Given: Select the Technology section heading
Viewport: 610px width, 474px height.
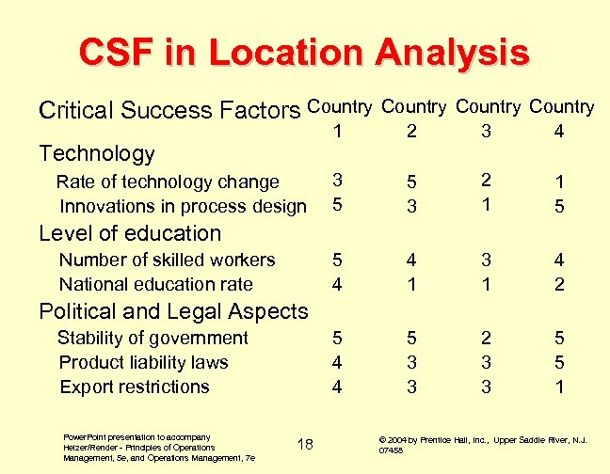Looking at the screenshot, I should [x=96, y=152].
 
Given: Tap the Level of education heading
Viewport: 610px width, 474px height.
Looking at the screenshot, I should [x=129, y=233].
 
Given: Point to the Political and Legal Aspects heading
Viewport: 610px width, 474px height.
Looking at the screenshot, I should [x=172, y=311].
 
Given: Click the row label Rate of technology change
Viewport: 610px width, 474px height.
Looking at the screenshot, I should [x=168, y=182].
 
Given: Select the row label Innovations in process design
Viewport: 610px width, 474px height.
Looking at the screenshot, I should [x=183, y=206].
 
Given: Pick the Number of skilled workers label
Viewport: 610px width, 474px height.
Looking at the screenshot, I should [x=167, y=260].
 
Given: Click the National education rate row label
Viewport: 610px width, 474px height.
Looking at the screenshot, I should [x=155, y=284].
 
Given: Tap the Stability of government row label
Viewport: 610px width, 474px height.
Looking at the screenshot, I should [x=152, y=338].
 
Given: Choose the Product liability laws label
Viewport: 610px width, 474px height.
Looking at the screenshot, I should [x=143, y=362].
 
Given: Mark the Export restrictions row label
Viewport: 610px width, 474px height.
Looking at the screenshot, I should [x=134, y=387].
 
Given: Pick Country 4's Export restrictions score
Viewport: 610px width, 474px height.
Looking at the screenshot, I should [x=559, y=387].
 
